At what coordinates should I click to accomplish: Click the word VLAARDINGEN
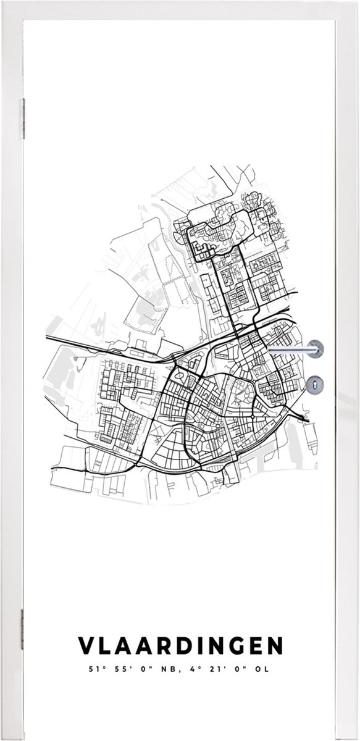(x=180, y=646)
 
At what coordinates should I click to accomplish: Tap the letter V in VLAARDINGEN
(x=85, y=646)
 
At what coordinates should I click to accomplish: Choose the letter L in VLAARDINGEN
(x=104, y=646)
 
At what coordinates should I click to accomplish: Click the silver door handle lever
(x=290, y=350)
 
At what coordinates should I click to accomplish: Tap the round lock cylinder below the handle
(x=315, y=384)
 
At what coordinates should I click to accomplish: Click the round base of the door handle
(x=316, y=349)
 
